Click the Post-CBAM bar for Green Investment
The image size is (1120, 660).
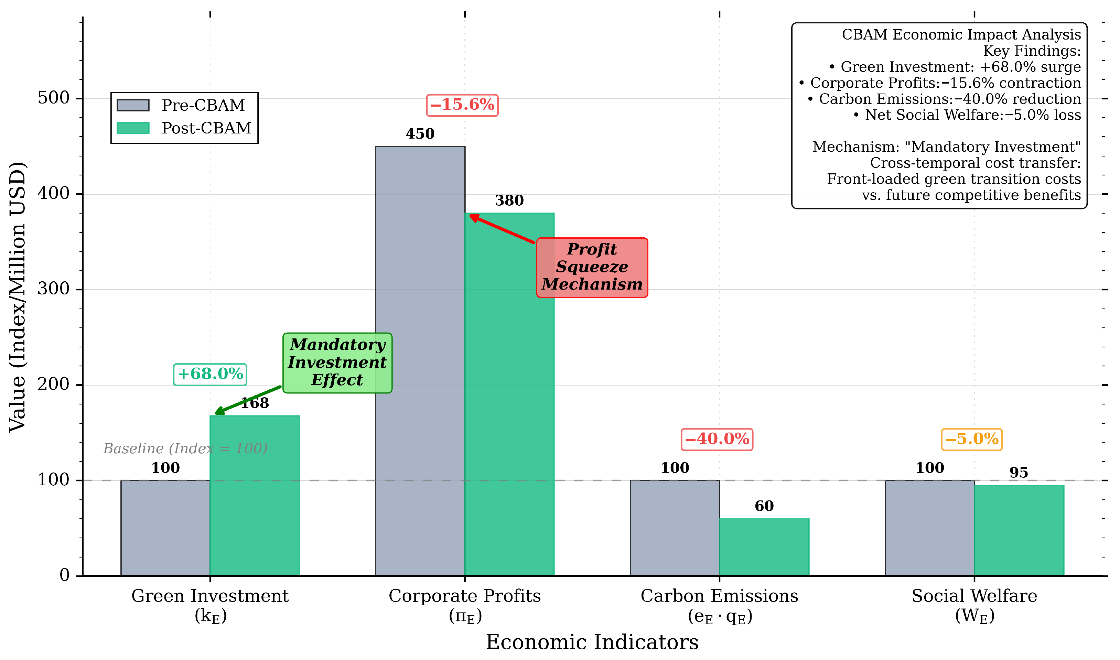(255, 496)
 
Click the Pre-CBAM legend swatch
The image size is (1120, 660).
(132, 105)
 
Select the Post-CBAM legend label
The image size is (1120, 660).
(206, 128)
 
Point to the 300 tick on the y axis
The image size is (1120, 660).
(79, 290)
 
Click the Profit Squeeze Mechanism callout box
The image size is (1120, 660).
(592, 267)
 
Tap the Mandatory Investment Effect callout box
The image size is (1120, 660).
(337, 363)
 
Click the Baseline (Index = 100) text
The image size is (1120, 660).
(185, 448)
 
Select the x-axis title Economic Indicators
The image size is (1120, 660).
(592, 642)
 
